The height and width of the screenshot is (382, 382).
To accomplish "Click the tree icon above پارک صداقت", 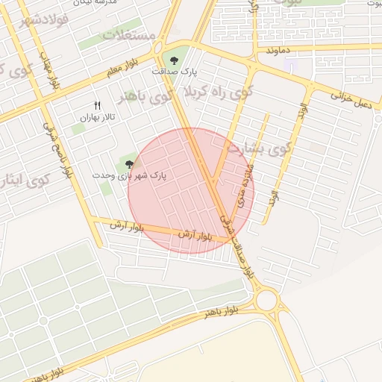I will (174, 60).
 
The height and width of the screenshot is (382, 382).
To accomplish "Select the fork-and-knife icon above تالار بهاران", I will (97, 106).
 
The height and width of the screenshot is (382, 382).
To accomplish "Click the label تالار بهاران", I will (97, 118).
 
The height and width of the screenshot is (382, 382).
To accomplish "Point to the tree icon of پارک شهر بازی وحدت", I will (129, 164).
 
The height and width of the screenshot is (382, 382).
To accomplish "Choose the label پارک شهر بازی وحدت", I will (130, 175).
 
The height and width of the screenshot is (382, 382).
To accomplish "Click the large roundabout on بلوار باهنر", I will (266, 301).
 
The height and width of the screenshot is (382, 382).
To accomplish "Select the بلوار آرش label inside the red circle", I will (196, 235).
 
